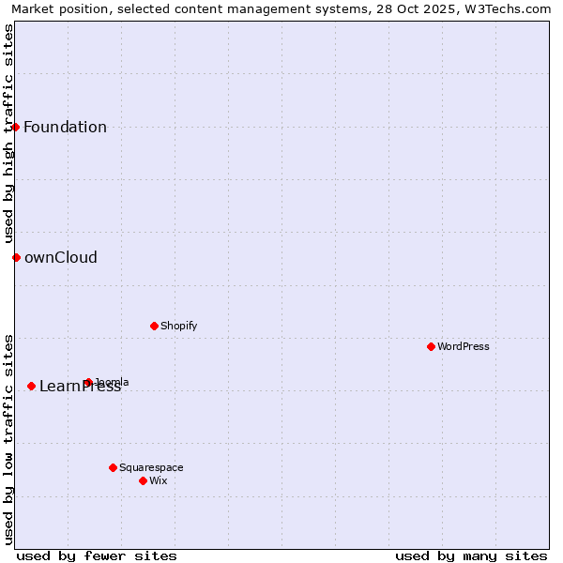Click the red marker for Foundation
16,127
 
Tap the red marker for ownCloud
16,257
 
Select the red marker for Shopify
154,326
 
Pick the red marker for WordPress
431,346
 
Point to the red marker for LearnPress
31,386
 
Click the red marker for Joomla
88,382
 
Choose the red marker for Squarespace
113,467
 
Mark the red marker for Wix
143,480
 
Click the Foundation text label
65,128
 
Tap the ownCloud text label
60,258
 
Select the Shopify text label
178,326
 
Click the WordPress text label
464,346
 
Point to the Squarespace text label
151,467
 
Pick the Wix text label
159,480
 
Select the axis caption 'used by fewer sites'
97,555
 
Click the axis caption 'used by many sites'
471,555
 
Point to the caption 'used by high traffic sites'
8,133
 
